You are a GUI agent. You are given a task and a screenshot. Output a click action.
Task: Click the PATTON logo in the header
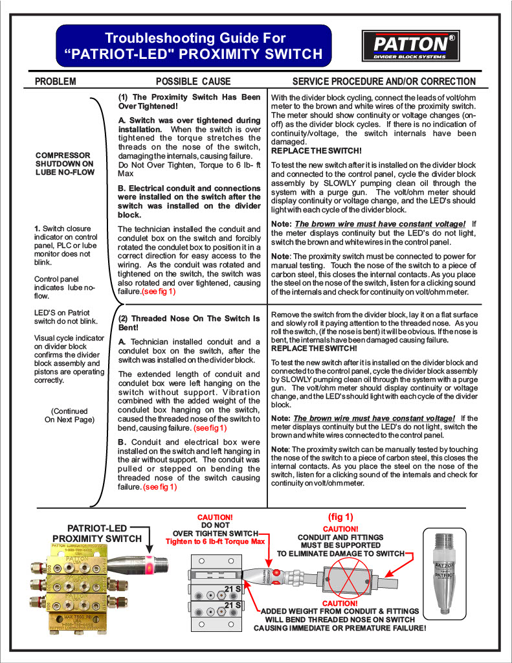(410, 45)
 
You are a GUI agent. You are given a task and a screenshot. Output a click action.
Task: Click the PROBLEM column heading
(55, 82)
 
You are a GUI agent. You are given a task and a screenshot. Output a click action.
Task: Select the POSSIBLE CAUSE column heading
(193, 82)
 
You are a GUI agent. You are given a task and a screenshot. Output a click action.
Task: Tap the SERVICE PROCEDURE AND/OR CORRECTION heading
(384, 82)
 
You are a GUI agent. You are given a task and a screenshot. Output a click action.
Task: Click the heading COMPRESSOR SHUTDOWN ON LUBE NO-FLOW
(65, 164)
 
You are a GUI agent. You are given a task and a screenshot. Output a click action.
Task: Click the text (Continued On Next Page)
(70, 415)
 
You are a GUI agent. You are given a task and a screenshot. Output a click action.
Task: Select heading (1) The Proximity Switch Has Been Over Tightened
(189, 102)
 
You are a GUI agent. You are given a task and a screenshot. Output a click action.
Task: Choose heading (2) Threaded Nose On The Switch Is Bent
(189, 323)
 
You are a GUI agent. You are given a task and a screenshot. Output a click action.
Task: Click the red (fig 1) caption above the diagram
(340, 517)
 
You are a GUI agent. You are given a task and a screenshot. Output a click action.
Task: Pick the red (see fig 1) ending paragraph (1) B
(159, 292)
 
